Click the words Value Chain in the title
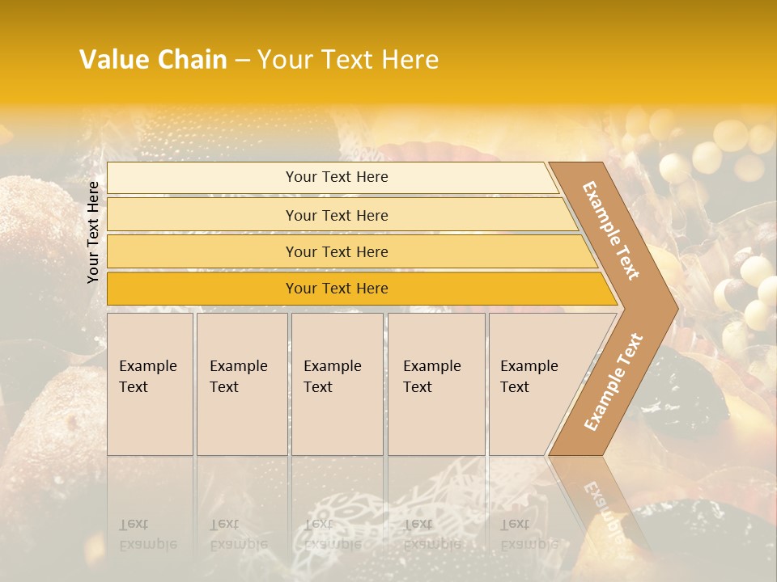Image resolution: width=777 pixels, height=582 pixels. point(153,60)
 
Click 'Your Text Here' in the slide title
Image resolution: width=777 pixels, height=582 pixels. point(348,60)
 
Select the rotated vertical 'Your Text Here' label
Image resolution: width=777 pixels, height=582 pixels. point(93,231)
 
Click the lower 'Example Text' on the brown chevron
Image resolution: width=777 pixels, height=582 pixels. point(614,382)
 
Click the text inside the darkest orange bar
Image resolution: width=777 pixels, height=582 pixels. point(337,289)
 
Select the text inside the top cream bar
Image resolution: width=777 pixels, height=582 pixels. point(337,177)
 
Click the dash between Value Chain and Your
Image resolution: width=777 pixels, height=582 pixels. point(242,61)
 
